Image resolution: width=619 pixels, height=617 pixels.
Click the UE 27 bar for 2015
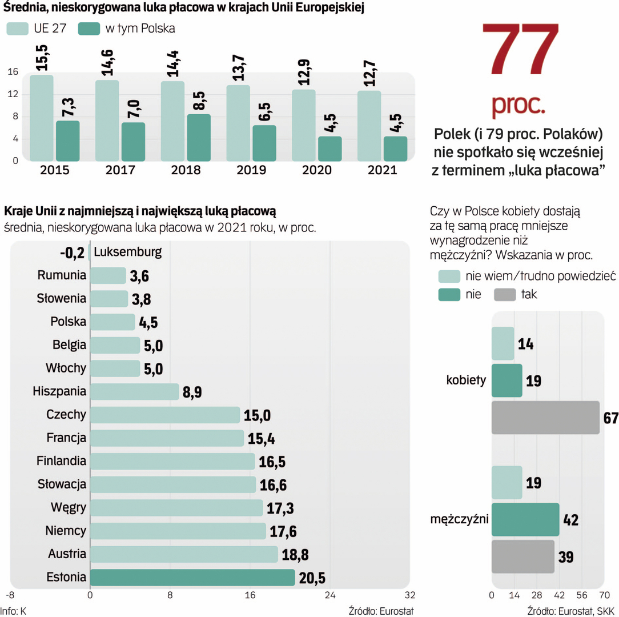(x=42, y=118)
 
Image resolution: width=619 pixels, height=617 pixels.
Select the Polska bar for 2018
(x=199, y=137)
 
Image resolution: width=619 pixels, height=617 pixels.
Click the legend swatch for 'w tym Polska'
(x=89, y=28)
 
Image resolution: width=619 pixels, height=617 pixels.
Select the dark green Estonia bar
(x=192, y=578)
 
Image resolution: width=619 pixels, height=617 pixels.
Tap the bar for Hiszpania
(x=134, y=391)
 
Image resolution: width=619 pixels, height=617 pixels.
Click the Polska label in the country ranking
(x=68, y=322)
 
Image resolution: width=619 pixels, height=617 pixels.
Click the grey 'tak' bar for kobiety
(x=545, y=418)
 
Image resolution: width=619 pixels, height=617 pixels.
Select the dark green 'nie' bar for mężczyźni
(x=525, y=519)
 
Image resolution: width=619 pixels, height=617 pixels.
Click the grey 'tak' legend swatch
(x=504, y=295)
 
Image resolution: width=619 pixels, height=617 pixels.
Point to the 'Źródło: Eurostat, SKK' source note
(x=571, y=610)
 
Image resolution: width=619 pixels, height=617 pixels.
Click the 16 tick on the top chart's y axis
(x=13, y=72)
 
